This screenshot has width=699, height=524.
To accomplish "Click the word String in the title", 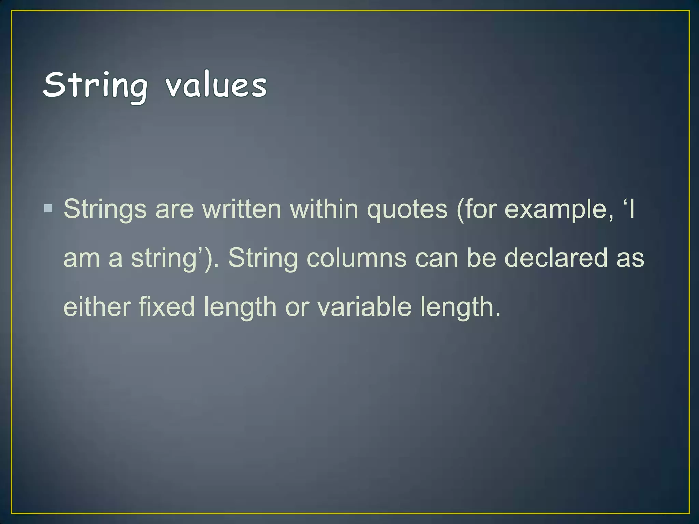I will pyautogui.click(x=96, y=85).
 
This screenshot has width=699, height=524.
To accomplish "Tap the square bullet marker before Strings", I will pyautogui.click(x=48, y=208).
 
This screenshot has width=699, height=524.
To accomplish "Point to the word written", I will pyautogui.click(x=242, y=209).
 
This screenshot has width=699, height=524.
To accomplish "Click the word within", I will pyautogui.click(x=324, y=209).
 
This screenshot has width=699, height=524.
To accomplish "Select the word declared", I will pyautogui.click(x=556, y=258).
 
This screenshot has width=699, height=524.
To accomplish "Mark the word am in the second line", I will pyautogui.click(x=82, y=259).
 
